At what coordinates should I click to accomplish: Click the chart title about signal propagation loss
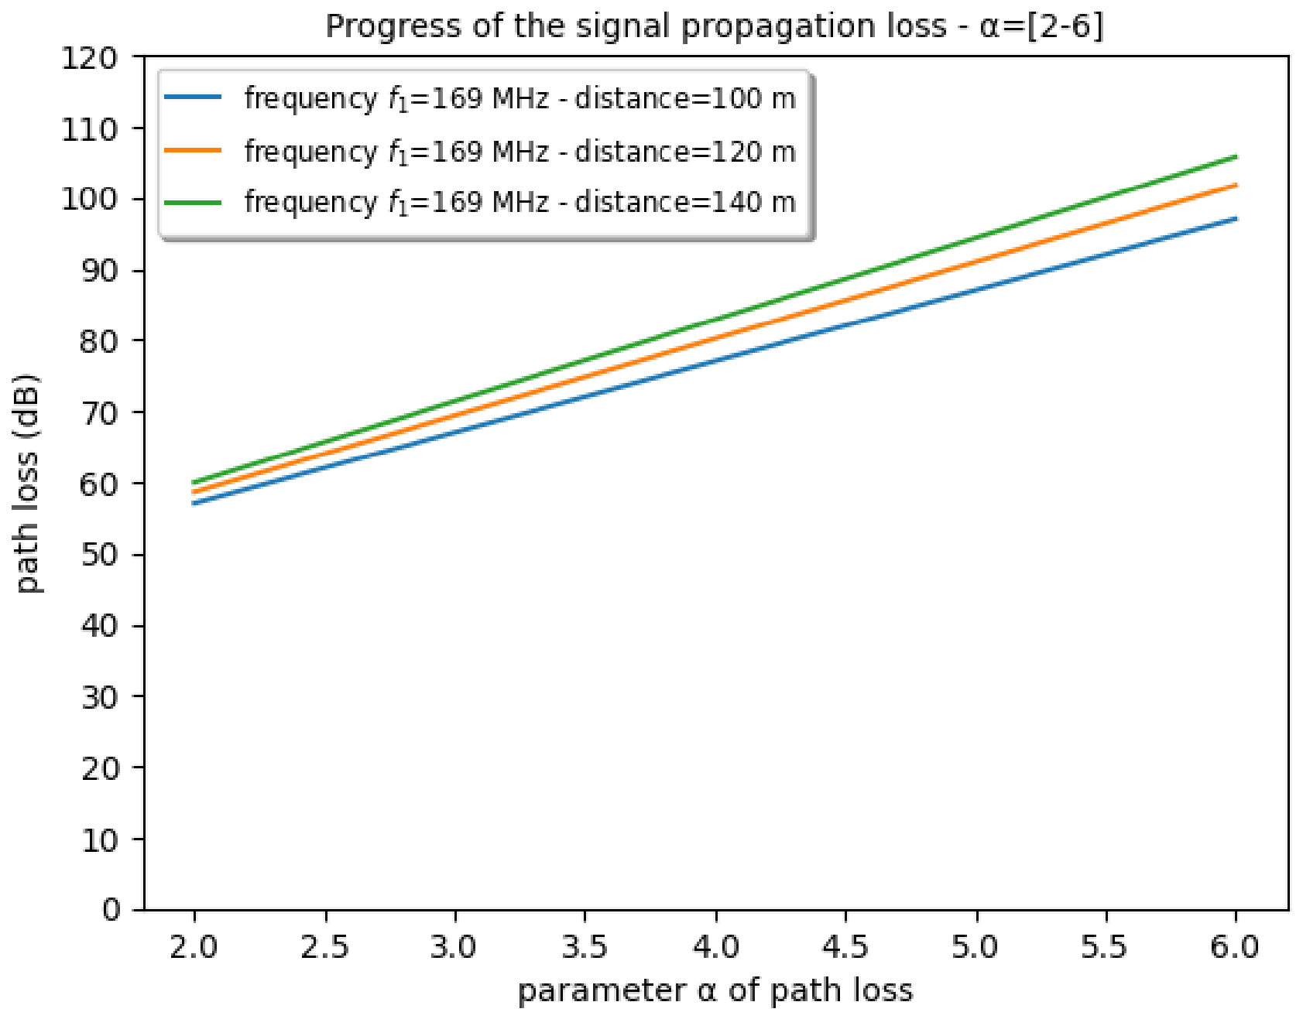pyautogui.click(x=714, y=26)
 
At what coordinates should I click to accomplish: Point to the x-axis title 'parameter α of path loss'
pyautogui.click(x=715, y=990)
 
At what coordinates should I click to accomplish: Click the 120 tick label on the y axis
pyautogui.click(x=90, y=57)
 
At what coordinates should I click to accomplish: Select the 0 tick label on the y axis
pyautogui.click(x=111, y=910)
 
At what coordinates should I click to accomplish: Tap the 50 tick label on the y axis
pyautogui.click(x=100, y=555)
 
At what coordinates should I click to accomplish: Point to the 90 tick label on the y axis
pyautogui.click(x=100, y=271)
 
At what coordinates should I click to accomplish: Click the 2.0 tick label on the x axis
pyautogui.click(x=194, y=947)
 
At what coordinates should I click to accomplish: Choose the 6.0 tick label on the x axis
pyautogui.click(x=1236, y=947)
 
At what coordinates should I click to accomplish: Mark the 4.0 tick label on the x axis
pyautogui.click(x=715, y=947)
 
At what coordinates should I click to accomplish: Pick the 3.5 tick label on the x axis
pyautogui.click(x=585, y=947)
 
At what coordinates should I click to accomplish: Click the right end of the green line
pyautogui.click(x=1236, y=157)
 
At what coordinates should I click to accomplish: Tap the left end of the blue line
pyautogui.click(x=194, y=503)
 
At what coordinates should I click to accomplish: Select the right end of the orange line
pyautogui.click(x=1236, y=185)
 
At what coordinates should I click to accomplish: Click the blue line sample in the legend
pyautogui.click(x=194, y=97)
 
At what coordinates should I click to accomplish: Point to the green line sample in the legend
pyautogui.click(x=194, y=202)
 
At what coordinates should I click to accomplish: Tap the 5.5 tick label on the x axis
pyautogui.click(x=1106, y=947)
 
